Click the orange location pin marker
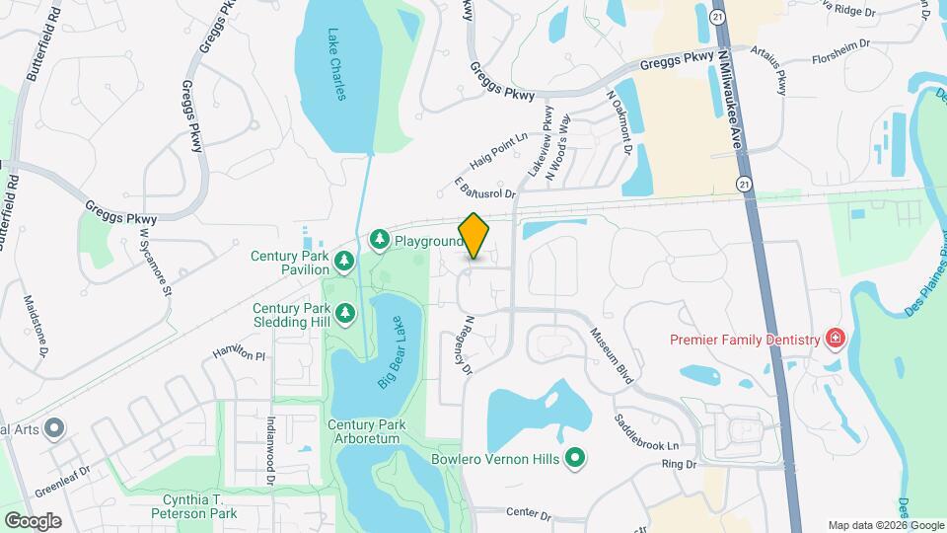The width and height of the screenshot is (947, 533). pyautogui.click(x=474, y=236)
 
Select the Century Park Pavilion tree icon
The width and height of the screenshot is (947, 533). pyautogui.click(x=344, y=262)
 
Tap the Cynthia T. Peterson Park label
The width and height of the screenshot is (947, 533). pyautogui.click(x=193, y=505)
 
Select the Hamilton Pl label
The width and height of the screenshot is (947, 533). pyautogui.click(x=240, y=352)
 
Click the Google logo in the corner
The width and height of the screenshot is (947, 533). pyautogui.click(x=33, y=520)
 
